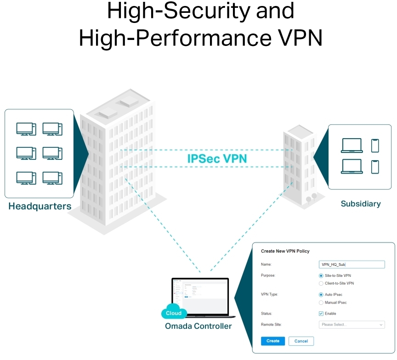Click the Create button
point(273,341)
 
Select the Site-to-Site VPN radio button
point(321,276)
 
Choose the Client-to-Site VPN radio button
point(321,283)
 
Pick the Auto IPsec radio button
point(321,294)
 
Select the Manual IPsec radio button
point(321,303)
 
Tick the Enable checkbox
point(321,314)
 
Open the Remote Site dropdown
point(352,325)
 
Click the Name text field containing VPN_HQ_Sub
point(352,264)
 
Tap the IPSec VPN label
point(217,159)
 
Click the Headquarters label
point(40,206)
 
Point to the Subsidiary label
point(361,203)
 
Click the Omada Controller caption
point(198,326)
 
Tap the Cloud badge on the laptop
point(174,313)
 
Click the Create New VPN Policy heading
point(285,251)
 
